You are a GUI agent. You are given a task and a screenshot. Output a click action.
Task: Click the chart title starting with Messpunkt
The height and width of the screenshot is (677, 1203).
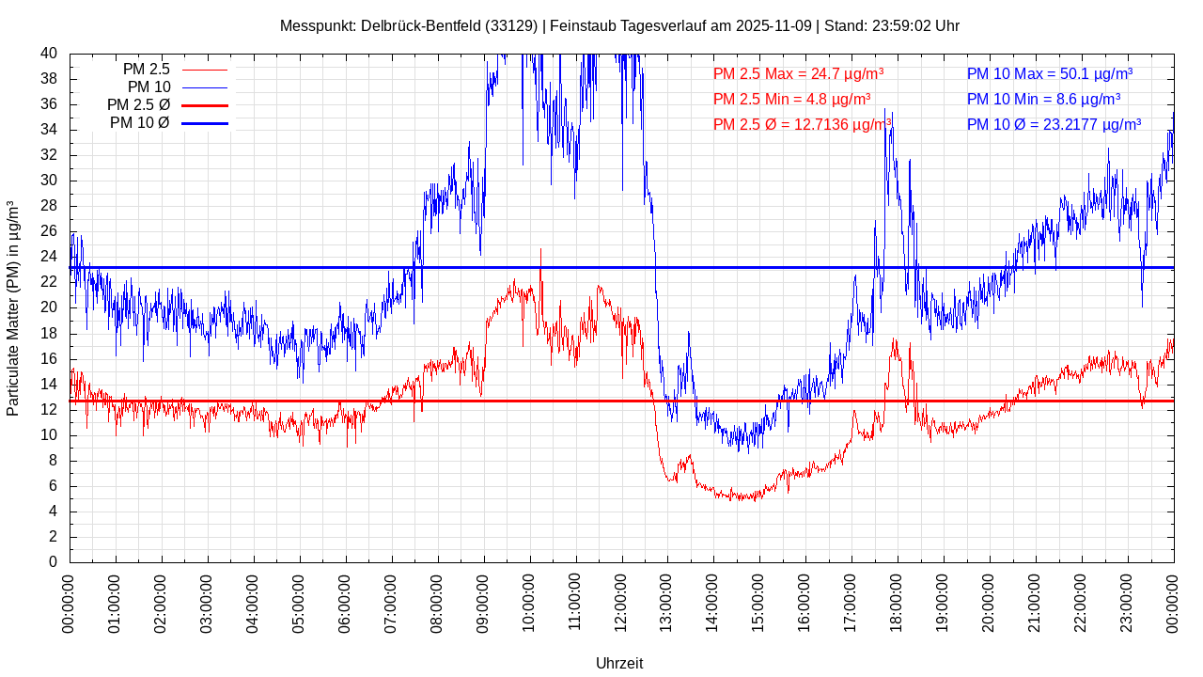click(619, 25)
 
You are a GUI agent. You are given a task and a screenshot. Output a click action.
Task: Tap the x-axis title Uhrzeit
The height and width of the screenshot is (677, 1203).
click(619, 663)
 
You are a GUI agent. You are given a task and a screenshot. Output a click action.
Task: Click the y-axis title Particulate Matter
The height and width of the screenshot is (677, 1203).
click(13, 307)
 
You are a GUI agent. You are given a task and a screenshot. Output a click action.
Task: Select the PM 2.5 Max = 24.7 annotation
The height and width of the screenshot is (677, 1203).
click(798, 73)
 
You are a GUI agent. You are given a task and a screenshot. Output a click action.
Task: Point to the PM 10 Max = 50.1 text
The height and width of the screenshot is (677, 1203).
click(1049, 73)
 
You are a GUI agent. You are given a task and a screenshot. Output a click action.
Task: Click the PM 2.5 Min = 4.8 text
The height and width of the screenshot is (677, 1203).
click(791, 99)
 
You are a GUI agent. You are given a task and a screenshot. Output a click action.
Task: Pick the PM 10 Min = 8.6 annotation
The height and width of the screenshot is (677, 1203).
click(1043, 99)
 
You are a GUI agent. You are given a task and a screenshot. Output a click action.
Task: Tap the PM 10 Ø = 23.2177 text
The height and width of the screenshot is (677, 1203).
click(1054, 124)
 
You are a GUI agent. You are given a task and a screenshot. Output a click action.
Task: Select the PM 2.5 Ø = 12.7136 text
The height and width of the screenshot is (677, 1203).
click(802, 124)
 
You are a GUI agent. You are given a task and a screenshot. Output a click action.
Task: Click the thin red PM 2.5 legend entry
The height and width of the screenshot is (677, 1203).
click(174, 69)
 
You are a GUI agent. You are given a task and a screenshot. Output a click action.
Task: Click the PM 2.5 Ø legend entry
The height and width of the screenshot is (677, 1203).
click(166, 104)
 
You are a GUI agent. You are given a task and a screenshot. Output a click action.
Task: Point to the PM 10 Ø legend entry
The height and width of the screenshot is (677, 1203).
click(166, 122)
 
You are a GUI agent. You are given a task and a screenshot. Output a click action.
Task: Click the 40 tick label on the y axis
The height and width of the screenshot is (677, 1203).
click(49, 54)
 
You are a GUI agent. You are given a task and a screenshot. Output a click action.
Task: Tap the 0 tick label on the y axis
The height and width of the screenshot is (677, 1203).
click(53, 562)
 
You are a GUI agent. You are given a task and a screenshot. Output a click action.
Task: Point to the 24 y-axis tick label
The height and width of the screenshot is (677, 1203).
click(49, 257)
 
